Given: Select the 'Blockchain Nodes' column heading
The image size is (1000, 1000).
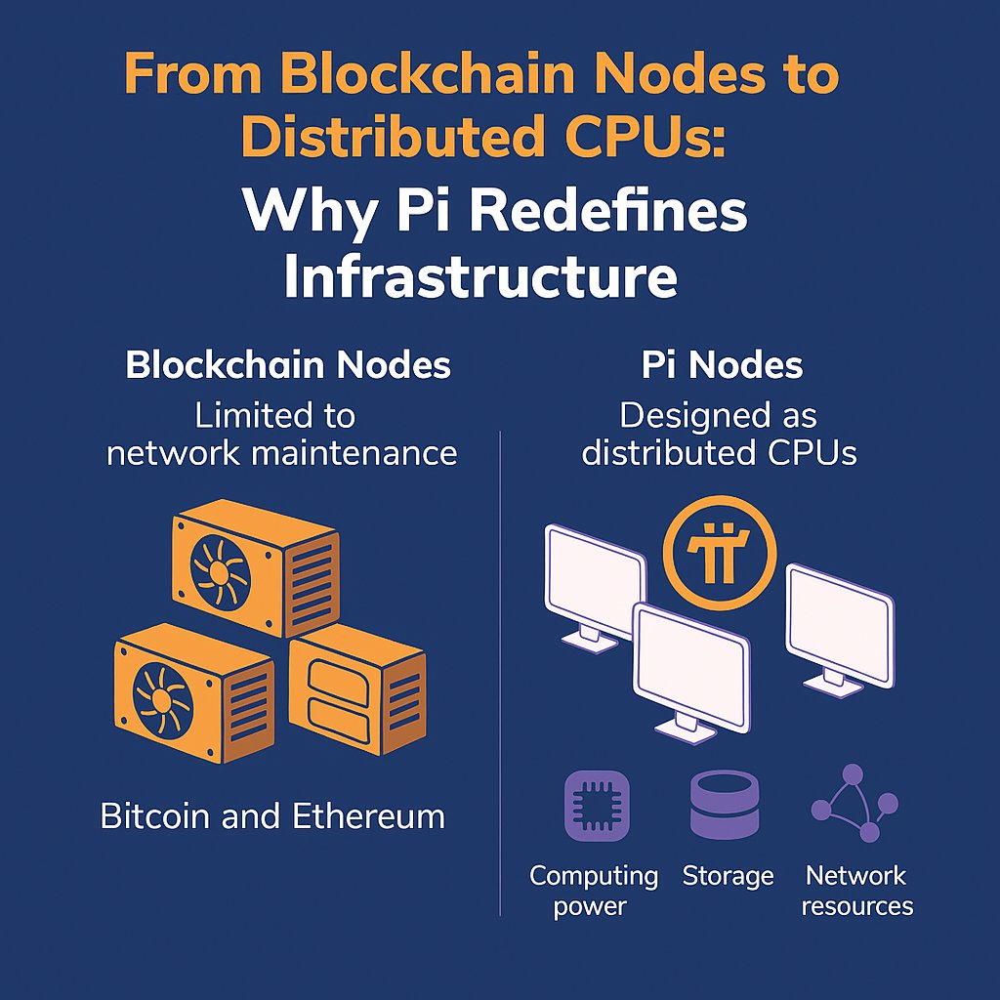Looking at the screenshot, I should click(288, 365).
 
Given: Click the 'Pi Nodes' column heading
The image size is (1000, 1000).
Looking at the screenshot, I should click(722, 365).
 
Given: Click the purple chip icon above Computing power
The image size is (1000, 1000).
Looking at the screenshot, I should click(597, 806).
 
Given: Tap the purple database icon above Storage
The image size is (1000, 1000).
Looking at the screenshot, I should click(725, 805).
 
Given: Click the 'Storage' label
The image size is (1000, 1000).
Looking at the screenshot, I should click(728, 876).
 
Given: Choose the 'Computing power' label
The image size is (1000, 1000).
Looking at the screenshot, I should click(594, 890).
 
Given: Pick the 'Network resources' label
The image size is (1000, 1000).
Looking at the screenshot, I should click(857, 890).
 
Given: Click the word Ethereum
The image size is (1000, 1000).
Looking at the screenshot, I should click(374, 815).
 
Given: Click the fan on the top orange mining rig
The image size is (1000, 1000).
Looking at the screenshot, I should click(223, 569).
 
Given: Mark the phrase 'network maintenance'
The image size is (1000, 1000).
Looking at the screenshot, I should click(281, 452).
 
